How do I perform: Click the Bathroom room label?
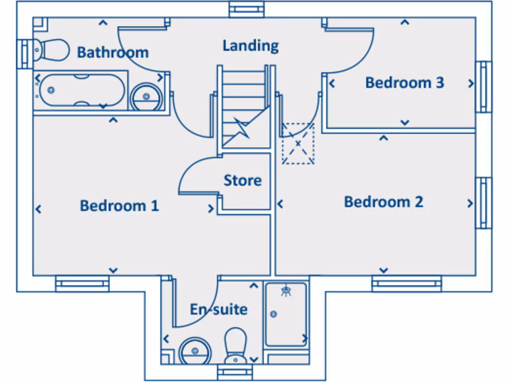[112, 52]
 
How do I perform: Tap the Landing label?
[251, 46]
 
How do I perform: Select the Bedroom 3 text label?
[404, 83]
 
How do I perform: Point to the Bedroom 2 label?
[383, 202]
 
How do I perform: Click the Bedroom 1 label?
[119, 205]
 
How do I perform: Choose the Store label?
[243, 180]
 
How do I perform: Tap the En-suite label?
[219, 309]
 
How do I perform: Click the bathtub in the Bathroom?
[82, 91]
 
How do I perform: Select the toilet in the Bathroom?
[53, 49]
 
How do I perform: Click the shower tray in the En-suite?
[285, 314]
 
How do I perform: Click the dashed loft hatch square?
[298, 143]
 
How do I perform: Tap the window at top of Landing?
[247, 9]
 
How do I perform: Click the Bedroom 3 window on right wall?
[483, 87]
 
